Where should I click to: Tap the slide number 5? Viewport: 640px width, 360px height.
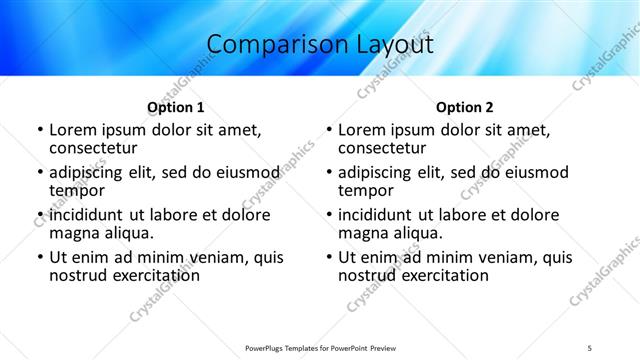590,347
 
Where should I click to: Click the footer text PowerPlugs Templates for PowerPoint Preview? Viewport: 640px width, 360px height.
319,347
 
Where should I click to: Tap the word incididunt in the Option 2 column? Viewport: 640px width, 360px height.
378,215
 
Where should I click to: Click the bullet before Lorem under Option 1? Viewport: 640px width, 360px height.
39,131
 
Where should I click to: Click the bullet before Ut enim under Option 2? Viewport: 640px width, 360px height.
329,257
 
